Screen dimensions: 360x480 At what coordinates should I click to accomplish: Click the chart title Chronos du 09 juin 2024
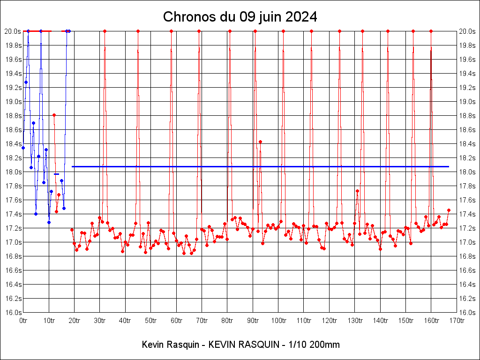coord(240,17)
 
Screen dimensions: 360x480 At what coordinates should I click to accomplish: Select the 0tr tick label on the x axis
coord(23,321)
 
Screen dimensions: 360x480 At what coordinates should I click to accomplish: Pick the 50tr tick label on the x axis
coord(150,321)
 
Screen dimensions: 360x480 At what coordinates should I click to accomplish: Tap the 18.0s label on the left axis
coord(13,172)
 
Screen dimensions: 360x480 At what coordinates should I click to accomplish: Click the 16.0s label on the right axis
coord(467,312)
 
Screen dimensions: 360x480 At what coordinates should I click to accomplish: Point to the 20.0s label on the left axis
coord(13,31)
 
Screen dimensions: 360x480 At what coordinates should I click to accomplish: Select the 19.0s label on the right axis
coord(467,102)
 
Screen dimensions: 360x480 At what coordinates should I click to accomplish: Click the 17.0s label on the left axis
coord(13,242)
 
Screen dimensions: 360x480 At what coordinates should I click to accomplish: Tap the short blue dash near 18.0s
coord(56,174)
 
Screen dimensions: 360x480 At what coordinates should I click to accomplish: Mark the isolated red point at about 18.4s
coord(260,142)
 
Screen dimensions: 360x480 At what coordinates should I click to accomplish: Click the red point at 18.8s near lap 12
coord(54,115)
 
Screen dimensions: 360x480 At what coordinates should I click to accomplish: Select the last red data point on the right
coord(449,210)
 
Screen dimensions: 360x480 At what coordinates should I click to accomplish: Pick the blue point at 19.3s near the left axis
coord(26,82)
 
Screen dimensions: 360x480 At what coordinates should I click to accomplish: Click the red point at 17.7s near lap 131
coord(357,191)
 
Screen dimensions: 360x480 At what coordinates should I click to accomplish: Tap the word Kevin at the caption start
coord(152,345)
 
